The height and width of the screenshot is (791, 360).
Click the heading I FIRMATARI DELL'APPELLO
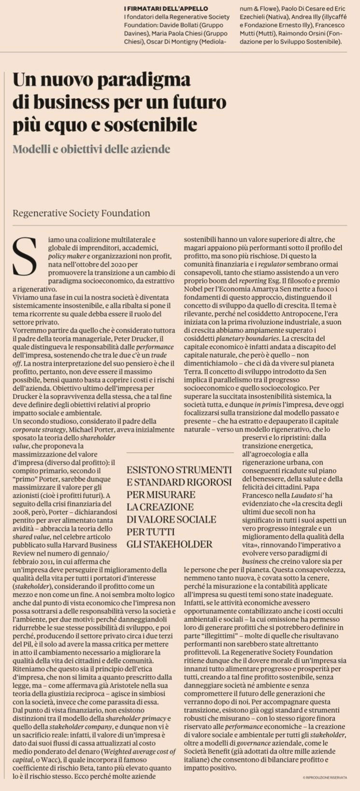[166, 9]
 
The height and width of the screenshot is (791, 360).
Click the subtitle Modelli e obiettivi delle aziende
[91, 149]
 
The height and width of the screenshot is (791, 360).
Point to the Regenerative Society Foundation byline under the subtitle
[81, 213]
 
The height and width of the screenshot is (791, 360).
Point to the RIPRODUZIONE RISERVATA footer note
[326, 777]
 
